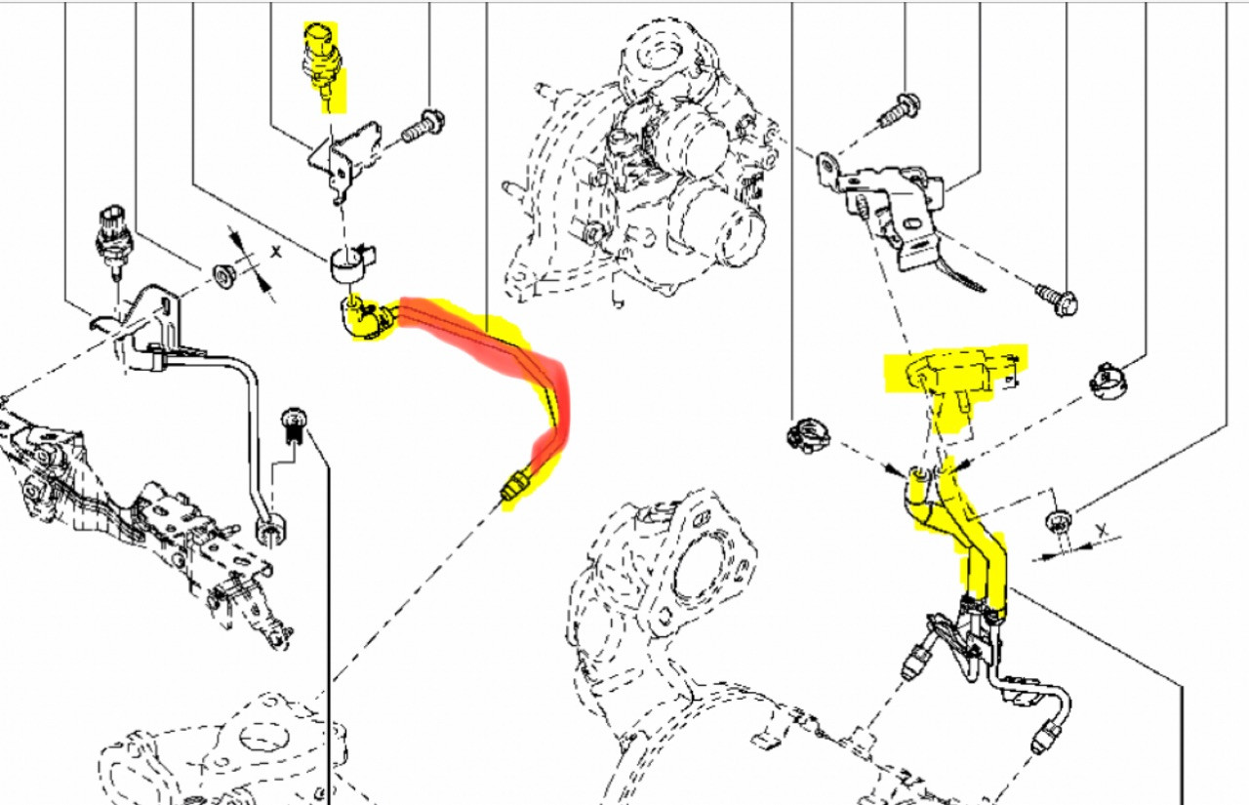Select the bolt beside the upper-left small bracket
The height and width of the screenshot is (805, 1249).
pyautogui.click(x=423, y=127)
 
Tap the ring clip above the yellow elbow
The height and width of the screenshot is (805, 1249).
pyautogui.click(x=352, y=264)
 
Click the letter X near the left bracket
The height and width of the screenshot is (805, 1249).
pyautogui.click(x=276, y=252)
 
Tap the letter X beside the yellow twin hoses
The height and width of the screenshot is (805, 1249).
pyautogui.click(x=1102, y=531)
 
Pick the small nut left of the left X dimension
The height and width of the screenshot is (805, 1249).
pyautogui.click(x=224, y=275)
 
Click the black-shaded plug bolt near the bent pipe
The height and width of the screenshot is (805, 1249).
pyautogui.click(x=295, y=424)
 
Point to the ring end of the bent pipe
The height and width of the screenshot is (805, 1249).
pyautogui.click(x=271, y=531)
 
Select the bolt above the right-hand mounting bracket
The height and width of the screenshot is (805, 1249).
pyautogui.click(x=899, y=110)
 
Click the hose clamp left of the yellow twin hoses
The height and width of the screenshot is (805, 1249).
pyautogui.click(x=808, y=435)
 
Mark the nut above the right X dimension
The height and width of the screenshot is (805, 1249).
pyautogui.click(x=1058, y=522)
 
